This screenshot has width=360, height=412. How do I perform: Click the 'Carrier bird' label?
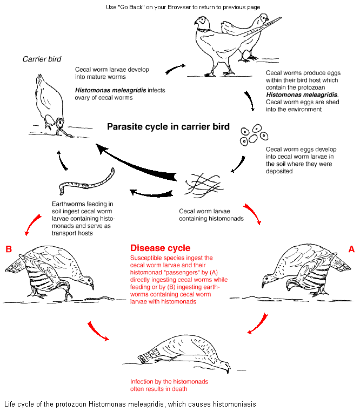[x=42, y=59]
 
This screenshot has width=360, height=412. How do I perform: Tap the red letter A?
[x=351, y=249]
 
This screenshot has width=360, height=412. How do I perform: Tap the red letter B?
[x=8, y=249]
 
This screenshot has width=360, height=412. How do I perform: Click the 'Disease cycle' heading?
[x=160, y=248]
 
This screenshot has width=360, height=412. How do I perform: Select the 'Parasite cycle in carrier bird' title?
[x=168, y=127]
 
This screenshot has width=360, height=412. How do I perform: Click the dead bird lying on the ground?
[x=184, y=354]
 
